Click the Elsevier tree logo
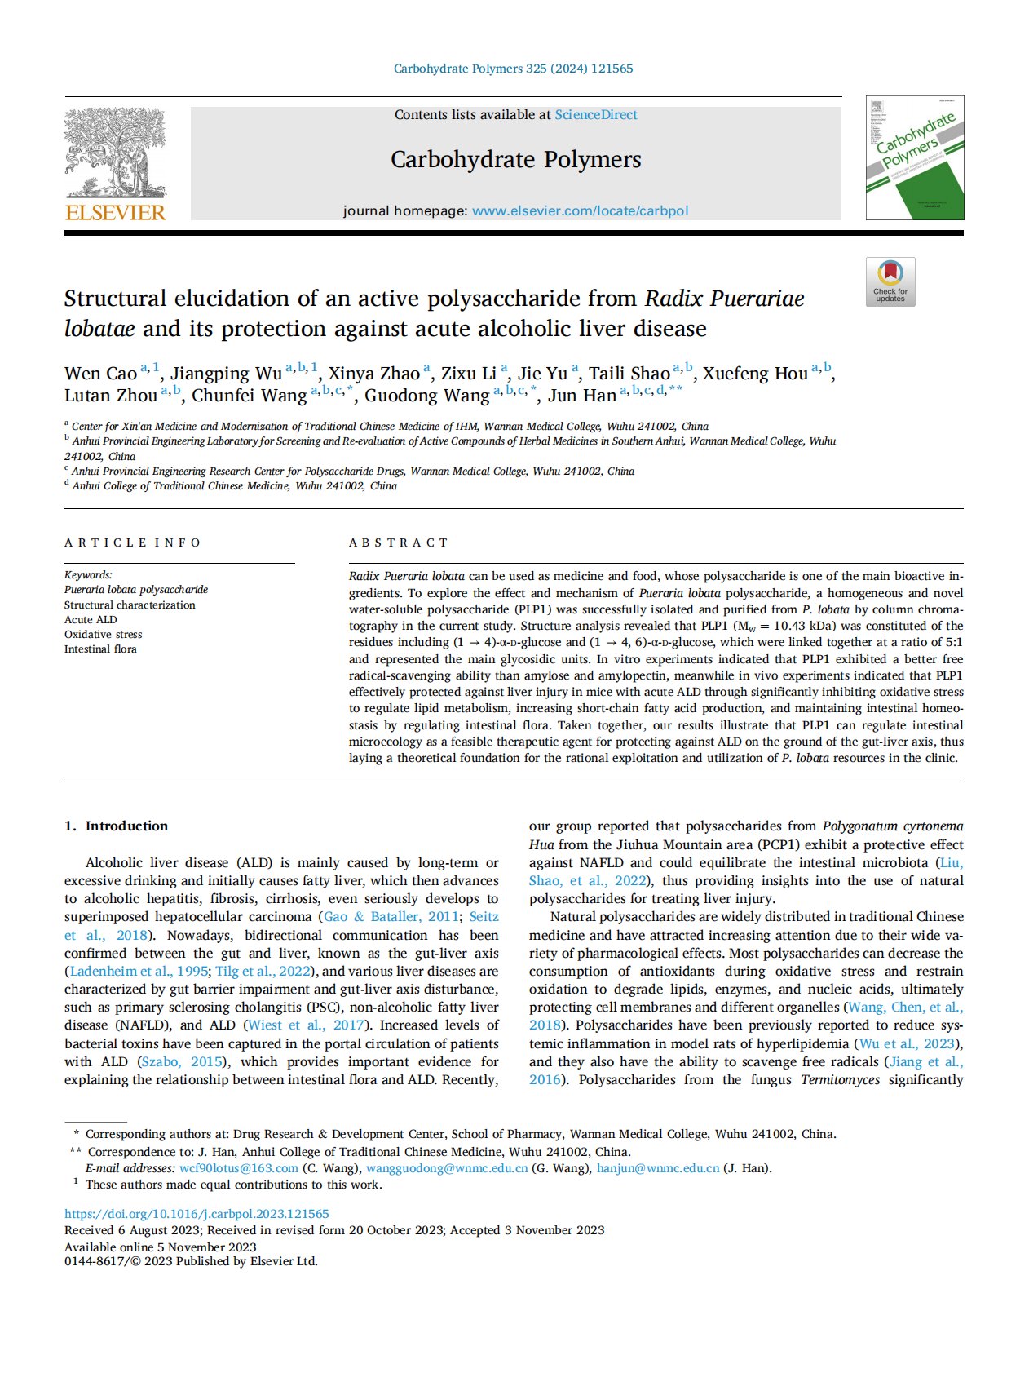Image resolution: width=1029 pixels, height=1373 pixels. point(115,153)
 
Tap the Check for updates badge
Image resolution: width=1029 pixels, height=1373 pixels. point(890,281)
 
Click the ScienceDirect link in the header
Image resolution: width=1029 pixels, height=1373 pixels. point(596,115)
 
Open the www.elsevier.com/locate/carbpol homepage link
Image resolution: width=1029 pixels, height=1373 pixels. point(580,210)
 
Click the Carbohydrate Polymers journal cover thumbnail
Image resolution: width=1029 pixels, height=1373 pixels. point(914,158)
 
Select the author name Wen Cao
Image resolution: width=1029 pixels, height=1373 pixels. point(100,374)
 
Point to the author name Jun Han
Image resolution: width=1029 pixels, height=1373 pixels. point(581,396)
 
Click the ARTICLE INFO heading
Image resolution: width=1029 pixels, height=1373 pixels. point(132,543)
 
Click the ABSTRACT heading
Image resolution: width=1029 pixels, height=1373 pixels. point(399,543)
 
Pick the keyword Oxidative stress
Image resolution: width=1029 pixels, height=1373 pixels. point(103,634)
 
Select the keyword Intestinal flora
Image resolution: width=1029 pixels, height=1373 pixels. point(100,649)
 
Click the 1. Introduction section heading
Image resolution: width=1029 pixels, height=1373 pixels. point(116,826)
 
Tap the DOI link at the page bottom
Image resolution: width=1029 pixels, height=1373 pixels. point(197,1214)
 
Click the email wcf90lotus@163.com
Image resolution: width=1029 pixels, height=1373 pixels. point(239,1168)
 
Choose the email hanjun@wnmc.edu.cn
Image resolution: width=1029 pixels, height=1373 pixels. point(658,1168)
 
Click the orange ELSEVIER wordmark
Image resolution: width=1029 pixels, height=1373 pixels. point(115,213)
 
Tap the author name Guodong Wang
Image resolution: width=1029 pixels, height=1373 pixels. point(426,396)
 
